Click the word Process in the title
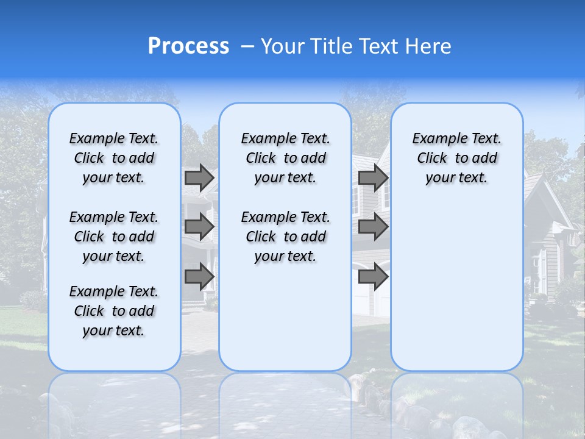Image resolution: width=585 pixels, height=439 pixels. (188, 46)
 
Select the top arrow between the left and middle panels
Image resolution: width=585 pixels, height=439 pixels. (199, 177)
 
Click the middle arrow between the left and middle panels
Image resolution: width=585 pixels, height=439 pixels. (199, 227)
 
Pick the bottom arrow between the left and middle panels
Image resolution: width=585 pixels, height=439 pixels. (199, 276)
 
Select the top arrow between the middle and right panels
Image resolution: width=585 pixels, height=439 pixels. (373, 177)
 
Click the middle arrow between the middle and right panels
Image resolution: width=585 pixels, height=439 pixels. (373, 227)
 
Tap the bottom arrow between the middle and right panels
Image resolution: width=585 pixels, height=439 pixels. (373, 276)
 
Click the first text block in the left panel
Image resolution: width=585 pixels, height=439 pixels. (114, 158)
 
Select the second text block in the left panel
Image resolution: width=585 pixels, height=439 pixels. (114, 237)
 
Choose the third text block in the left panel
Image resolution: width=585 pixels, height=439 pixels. (114, 311)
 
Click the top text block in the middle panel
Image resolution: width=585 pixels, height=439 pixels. (285, 158)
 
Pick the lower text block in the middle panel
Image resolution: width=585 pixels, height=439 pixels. (285, 237)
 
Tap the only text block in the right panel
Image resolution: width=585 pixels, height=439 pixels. (457, 158)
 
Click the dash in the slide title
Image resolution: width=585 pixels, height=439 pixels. (247, 47)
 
